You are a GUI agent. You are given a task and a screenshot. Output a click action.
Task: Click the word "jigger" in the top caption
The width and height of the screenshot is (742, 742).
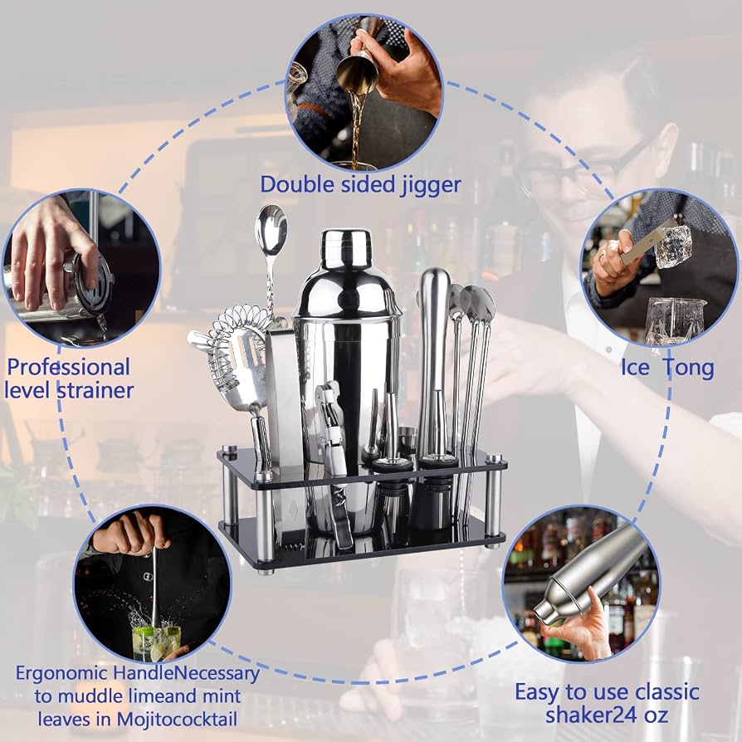(x=430, y=186)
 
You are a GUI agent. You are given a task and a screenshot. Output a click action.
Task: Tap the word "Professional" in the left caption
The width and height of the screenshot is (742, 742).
(x=69, y=367)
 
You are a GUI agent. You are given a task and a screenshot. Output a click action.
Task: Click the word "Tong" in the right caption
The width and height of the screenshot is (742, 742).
(x=690, y=369)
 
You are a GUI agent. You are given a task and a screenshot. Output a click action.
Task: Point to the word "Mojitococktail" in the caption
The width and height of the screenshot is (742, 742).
(x=177, y=720)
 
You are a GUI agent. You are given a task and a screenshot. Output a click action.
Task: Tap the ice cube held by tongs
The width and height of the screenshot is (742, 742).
(x=673, y=246)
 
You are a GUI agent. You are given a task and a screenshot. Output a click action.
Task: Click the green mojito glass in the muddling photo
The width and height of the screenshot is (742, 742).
(x=156, y=643)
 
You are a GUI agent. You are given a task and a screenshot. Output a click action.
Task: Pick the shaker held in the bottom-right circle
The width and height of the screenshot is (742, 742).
(x=589, y=573)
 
